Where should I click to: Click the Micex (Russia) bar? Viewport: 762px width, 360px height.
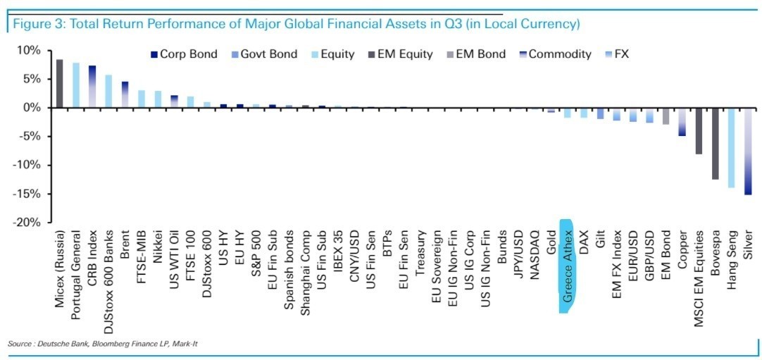pos(60,84)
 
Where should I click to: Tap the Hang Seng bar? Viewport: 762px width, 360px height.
pos(731,147)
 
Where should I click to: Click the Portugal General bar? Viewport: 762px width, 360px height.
pos(76,85)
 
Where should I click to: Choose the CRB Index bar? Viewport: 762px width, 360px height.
pos(92,86)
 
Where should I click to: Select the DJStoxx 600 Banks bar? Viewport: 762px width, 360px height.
pos(108,91)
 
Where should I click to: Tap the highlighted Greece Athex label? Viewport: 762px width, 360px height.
pos(568,264)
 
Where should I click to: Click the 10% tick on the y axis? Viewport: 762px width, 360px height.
pos(32,51)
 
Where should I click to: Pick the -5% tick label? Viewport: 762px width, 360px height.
pos(32,137)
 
